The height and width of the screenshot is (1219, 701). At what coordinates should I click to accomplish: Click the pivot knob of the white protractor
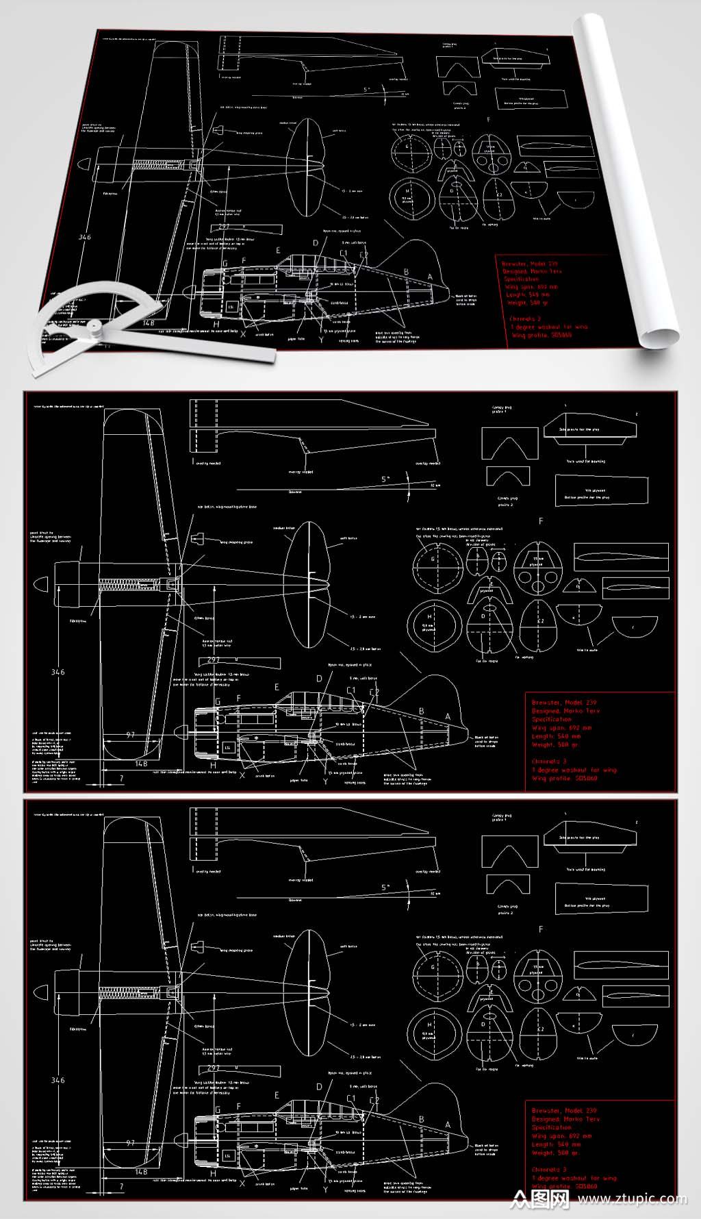94,327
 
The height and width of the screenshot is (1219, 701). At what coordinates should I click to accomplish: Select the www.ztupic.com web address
632,1199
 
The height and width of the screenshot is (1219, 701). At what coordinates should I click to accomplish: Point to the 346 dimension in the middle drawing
58,672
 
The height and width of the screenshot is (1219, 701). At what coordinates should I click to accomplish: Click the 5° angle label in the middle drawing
385,479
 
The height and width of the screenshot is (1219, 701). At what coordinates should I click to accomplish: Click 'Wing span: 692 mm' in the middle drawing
561,728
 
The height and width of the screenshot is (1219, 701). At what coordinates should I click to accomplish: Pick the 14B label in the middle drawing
141,764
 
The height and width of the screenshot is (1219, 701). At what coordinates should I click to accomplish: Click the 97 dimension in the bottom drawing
130,1143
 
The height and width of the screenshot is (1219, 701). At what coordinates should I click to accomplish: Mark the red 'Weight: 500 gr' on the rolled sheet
527,303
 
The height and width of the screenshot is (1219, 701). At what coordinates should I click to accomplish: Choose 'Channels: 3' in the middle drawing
549,762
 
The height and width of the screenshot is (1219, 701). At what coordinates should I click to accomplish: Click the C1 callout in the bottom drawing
351,1098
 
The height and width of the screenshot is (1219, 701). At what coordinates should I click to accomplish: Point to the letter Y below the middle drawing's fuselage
325,781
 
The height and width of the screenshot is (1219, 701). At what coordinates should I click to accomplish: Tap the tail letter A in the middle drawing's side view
449,717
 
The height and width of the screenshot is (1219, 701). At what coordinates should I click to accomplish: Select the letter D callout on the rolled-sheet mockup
316,242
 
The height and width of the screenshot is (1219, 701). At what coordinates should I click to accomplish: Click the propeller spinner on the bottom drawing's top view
41,992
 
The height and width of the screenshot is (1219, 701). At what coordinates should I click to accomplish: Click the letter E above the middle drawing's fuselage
277,687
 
